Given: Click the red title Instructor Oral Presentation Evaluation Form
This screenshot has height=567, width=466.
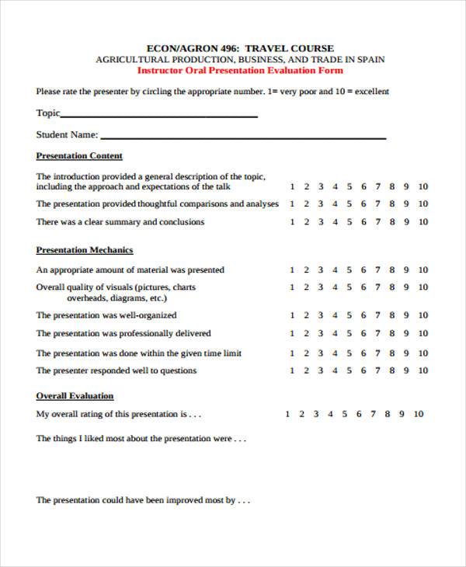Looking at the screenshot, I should (240, 70).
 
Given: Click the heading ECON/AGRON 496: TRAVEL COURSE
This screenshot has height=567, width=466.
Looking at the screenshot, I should (240, 48).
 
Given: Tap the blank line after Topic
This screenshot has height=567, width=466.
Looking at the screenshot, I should (159, 115).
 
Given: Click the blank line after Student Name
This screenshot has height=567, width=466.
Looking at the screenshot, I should (243, 137).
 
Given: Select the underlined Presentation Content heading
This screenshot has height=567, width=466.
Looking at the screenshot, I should (79, 155).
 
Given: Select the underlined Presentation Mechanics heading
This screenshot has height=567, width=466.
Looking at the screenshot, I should (85, 250).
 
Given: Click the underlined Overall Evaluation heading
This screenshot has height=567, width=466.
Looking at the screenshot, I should (75, 395).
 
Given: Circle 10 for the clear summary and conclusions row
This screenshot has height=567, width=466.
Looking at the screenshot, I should (423, 222).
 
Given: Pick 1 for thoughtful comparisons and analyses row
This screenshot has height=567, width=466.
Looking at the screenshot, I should (292, 204).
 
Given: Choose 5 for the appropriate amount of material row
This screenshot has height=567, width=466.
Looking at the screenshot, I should (349, 270).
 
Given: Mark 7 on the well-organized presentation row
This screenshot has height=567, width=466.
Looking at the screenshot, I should (378, 315).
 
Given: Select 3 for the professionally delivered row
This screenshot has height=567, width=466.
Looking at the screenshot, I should (321, 334).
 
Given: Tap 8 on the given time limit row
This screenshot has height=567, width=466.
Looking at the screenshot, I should (393, 353).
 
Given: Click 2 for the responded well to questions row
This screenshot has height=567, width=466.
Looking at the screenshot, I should (307, 371).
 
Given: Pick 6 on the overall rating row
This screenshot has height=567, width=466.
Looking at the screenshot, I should (359, 414).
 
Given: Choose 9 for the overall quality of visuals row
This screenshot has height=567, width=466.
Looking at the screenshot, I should (407, 287).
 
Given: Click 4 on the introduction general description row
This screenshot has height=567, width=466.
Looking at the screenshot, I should (336, 186).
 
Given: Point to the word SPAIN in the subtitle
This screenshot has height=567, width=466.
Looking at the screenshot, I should (370, 59).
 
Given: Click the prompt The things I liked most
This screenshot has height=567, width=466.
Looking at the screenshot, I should (141, 439).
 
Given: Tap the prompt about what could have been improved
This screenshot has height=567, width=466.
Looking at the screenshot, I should (143, 500).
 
